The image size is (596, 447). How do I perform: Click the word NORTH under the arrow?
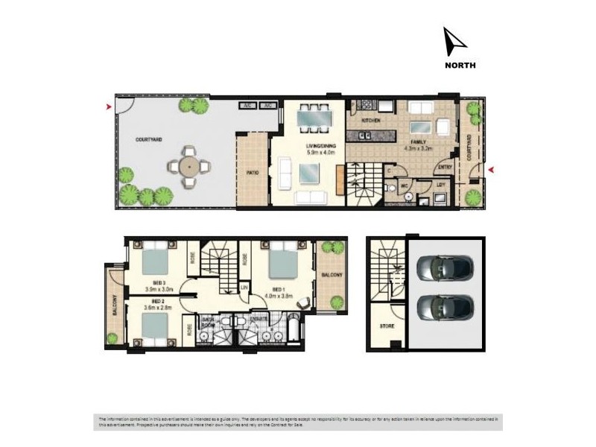[x=460, y=65]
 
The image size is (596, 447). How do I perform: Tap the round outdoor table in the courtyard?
[x=187, y=166]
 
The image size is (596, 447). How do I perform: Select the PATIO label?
[x=252, y=172]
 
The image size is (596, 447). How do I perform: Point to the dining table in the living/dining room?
[x=312, y=117]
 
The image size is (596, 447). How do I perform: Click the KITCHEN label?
[x=370, y=121]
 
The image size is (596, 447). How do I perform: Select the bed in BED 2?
[x=154, y=326]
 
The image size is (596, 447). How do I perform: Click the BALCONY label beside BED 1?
[x=332, y=276]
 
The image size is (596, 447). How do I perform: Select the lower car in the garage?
[x=443, y=305]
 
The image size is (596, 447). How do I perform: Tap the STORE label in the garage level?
[x=387, y=326]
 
